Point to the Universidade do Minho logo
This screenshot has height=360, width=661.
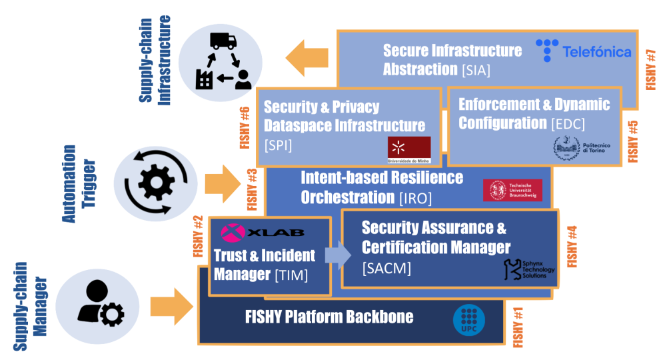pyautogui.click(x=409, y=149)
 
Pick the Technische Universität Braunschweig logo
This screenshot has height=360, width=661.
pyautogui.click(x=512, y=190)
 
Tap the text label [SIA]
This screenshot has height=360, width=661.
pyautogui.click(x=476, y=70)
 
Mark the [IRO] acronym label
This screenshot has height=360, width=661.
pyautogui.click(x=415, y=198)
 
